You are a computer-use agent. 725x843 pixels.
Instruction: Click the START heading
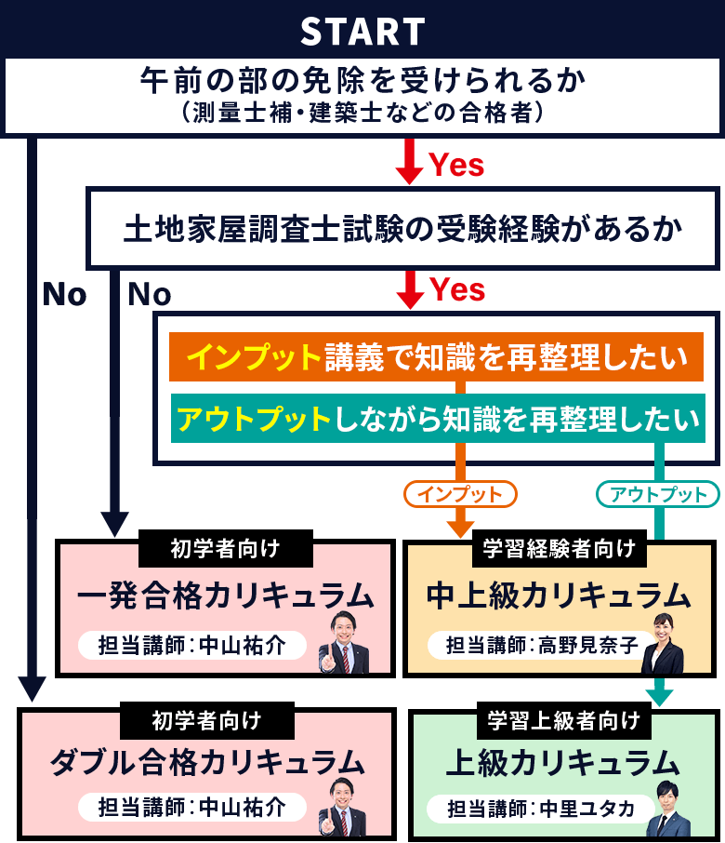click(362, 32)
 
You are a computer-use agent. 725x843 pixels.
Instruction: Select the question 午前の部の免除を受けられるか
click(362, 81)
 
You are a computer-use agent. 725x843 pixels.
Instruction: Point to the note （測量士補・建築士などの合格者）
click(362, 113)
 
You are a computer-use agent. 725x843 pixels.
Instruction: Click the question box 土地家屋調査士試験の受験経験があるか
click(402, 229)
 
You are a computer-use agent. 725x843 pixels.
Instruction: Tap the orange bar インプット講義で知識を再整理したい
click(436, 357)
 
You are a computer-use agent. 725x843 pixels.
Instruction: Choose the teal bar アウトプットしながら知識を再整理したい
click(436, 419)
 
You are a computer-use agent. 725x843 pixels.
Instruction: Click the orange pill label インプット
click(460, 493)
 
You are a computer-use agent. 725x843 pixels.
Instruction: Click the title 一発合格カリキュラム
click(225, 595)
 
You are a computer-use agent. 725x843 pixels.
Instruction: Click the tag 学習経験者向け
click(560, 549)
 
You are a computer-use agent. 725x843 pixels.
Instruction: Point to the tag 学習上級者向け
click(563, 719)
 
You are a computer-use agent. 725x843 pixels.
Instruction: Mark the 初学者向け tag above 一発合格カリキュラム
click(225, 549)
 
